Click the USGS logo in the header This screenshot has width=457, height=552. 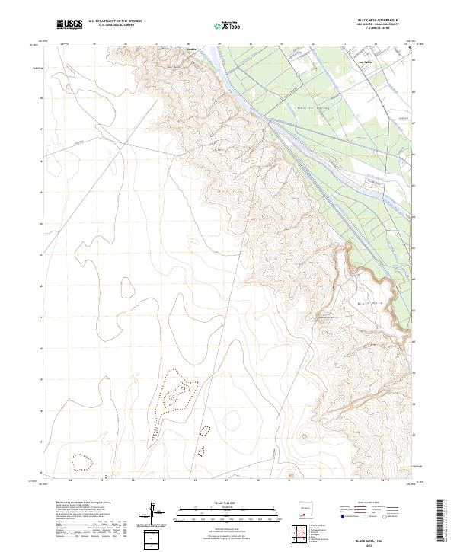[x=70, y=25]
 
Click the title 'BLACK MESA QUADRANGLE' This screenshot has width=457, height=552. [x=382, y=21]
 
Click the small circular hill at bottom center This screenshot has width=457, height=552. [x=307, y=437]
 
